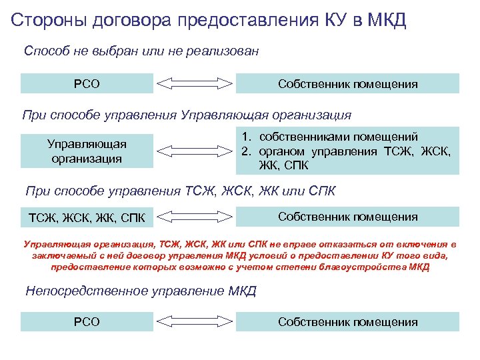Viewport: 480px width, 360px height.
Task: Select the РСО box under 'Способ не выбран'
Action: tap(87, 83)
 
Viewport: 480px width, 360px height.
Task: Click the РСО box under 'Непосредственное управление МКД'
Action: tap(87, 322)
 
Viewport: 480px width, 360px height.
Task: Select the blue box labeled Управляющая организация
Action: tap(87, 151)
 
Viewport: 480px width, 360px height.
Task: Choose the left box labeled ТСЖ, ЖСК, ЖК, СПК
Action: tap(87, 217)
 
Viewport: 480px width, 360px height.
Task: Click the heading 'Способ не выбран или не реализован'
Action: tap(141, 51)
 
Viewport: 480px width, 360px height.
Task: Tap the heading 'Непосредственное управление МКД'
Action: tap(141, 291)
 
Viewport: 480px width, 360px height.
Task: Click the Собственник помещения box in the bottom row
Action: tap(348, 322)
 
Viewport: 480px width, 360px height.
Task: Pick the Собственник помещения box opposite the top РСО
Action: tap(348, 83)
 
